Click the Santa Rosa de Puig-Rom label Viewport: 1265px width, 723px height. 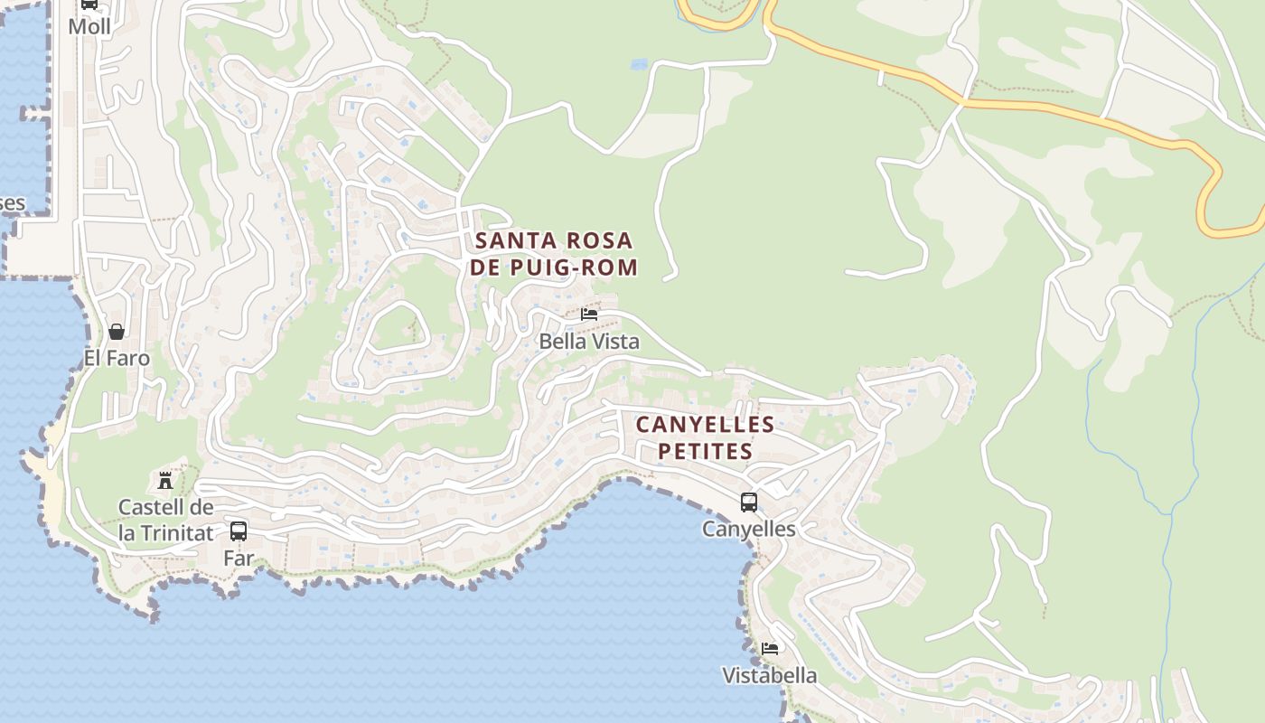coord(554,254)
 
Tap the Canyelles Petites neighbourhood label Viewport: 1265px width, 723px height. coord(705,437)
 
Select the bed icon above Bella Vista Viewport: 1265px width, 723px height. coord(589,315)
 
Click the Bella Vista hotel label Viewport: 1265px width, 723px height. coord(589,342)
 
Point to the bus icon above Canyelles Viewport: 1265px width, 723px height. coord(749,502)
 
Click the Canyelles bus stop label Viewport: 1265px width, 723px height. coord(749,529)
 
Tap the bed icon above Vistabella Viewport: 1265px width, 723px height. coord(770,649)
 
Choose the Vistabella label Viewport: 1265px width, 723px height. coord(770,675)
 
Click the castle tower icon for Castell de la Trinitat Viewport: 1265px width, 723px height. coord(165,480)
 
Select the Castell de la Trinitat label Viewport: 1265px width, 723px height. coord(166,521)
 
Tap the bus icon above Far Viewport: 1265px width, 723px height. coord(239,531)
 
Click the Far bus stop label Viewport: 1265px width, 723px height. coord(239,558)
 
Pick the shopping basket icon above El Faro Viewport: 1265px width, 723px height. coord(117,332)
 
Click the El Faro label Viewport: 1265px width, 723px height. coord(117,358)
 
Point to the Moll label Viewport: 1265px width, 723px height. coord(89,26)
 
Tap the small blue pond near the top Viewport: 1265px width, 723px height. coord(640,64)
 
